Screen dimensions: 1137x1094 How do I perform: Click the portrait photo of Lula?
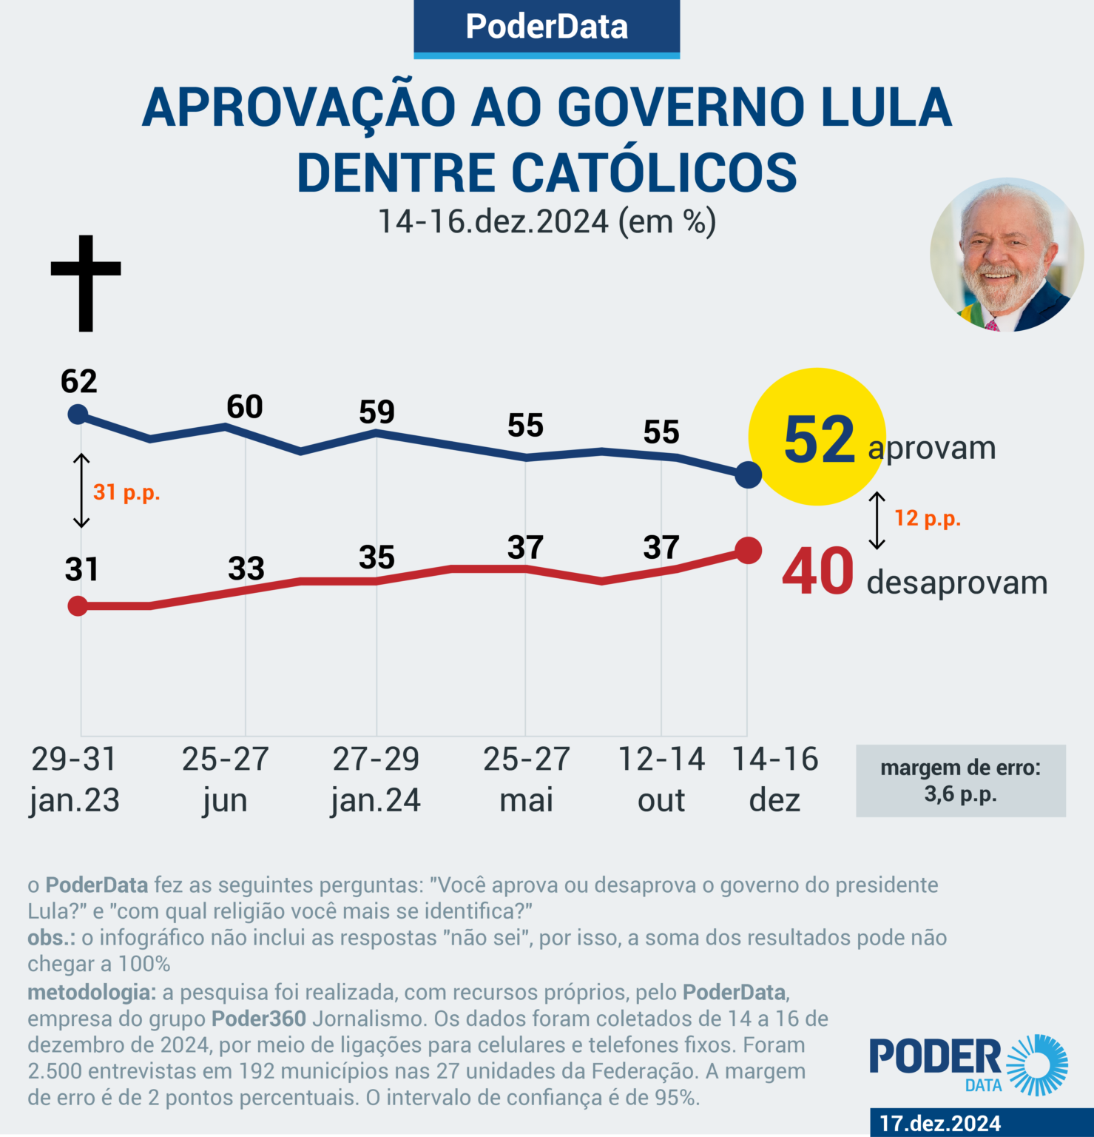pos(1006,255)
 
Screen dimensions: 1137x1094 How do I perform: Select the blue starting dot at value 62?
pos(78,414)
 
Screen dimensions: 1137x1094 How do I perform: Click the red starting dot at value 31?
pos(78,606)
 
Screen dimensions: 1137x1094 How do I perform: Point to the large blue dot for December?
pos(749,474)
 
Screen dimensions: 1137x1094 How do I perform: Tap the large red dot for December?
pos(749,551)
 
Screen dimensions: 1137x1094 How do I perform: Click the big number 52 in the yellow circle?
pos(819,440)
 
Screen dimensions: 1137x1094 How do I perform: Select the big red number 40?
pos(817,572)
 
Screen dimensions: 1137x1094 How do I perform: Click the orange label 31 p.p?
pos(126,492)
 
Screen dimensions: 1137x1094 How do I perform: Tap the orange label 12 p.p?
pos(928,518)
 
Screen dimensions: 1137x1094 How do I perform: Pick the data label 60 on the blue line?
pos(245,407)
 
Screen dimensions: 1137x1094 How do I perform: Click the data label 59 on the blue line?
pos(377,412)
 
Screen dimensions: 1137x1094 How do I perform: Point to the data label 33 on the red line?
pos(246,568)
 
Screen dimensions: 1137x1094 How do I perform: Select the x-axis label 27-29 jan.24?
pos(376,779)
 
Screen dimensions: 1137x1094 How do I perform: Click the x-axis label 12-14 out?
pos(661,779)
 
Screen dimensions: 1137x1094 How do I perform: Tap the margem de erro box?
pos(960,781)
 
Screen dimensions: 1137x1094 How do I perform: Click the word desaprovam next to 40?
pos(957,583)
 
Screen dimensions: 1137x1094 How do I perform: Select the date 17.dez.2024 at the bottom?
pos(939,1123)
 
